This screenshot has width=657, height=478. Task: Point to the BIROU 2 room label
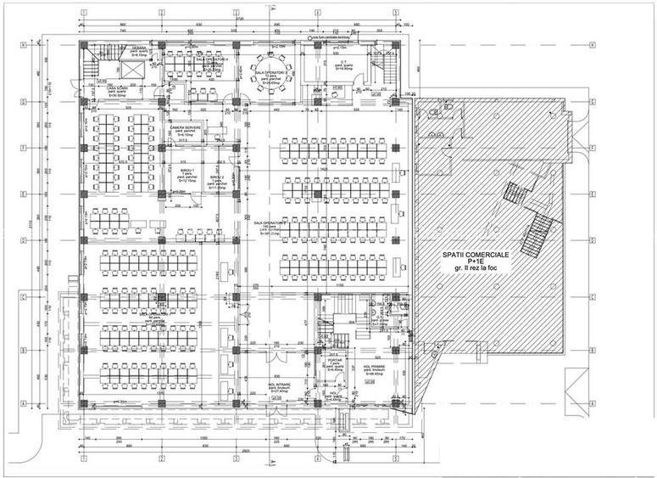(218, 177)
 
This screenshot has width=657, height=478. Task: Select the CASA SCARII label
(112, 89)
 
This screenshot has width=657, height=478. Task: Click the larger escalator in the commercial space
(537, 234)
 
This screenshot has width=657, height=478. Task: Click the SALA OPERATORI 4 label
(210, 60)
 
